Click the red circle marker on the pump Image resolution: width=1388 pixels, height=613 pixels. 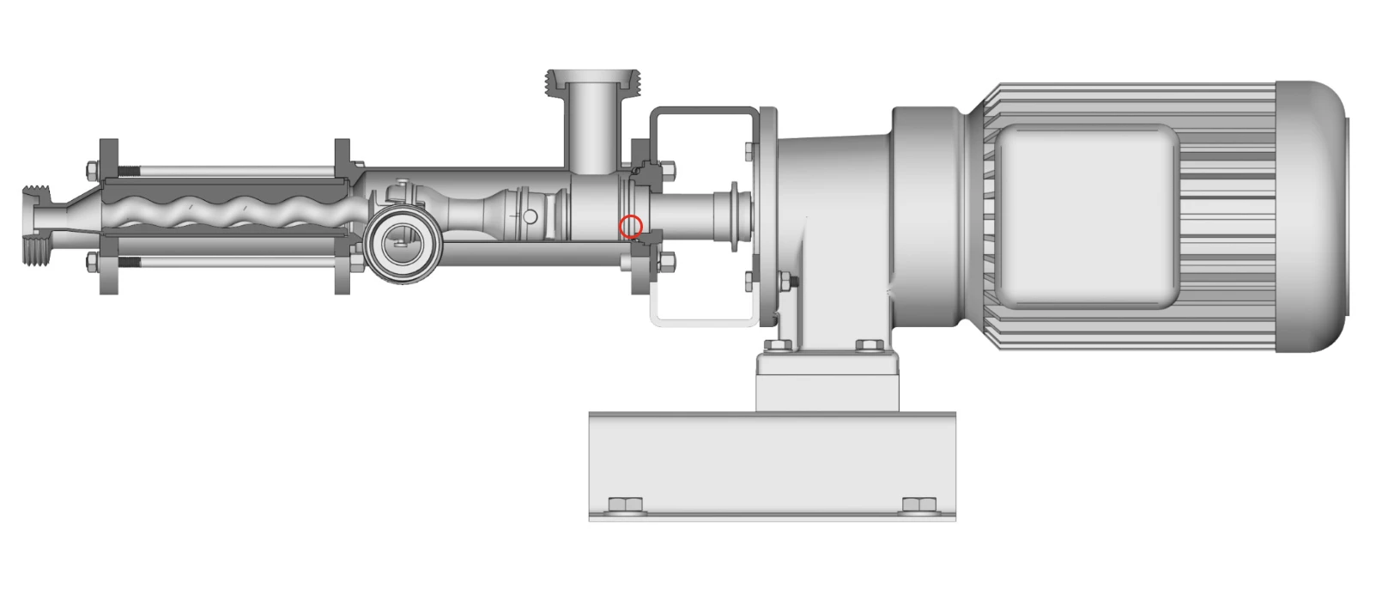[x=631, y=227]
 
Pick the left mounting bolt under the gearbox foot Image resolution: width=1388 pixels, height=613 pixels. [x=779, y=345]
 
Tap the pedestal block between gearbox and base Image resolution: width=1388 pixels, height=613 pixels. [x=827, y=381]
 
